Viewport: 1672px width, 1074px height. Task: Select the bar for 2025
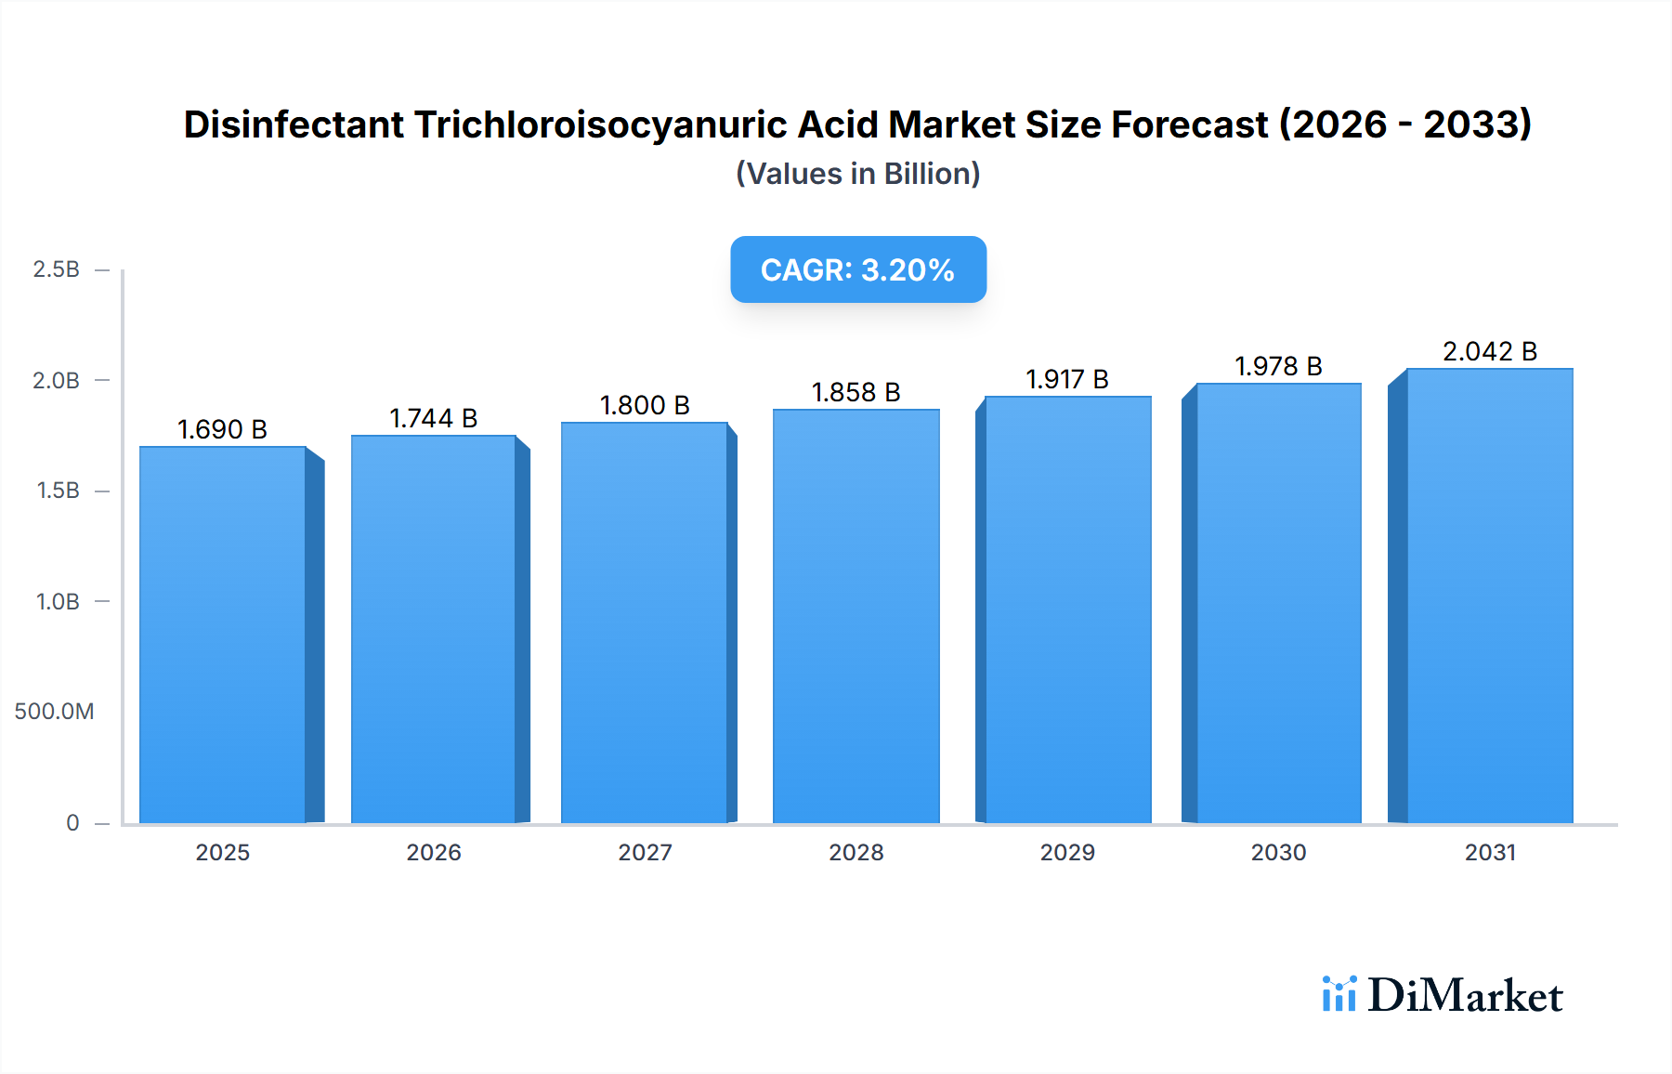223,635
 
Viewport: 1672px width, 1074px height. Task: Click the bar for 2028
856,616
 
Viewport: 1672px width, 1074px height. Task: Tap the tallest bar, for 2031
1490,596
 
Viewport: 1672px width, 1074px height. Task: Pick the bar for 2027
645,622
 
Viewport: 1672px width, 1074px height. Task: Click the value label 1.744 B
433,419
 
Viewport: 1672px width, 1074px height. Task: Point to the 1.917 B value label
1066,380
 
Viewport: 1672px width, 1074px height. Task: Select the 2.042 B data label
1489,352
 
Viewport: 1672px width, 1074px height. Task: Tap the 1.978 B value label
1278,367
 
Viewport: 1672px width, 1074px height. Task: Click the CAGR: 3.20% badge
857,269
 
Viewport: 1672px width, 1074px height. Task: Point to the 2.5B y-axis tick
57,269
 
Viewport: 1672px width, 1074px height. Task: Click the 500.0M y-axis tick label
54,712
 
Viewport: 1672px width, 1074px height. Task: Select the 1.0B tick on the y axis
58,602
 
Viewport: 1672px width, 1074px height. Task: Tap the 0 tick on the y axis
72,823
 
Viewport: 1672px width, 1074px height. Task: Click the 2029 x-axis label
1067,853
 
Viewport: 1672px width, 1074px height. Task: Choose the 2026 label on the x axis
434,853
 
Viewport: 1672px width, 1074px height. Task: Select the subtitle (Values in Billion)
857,174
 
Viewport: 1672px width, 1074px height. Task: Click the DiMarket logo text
1465,996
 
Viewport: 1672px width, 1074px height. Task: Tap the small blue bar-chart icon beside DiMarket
1339,994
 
